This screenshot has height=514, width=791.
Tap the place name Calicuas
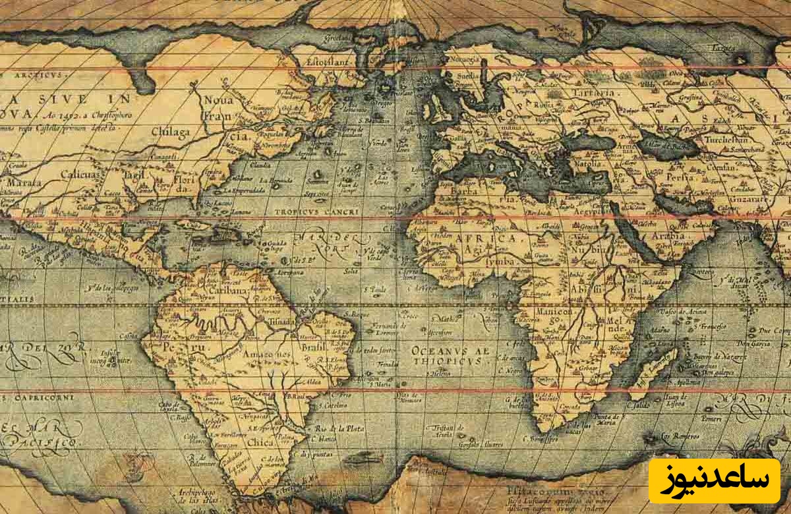click(x=78, y=175)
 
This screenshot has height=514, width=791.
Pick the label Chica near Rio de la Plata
click(x=260, y=443)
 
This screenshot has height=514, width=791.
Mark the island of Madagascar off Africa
click(x=653, y=372)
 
